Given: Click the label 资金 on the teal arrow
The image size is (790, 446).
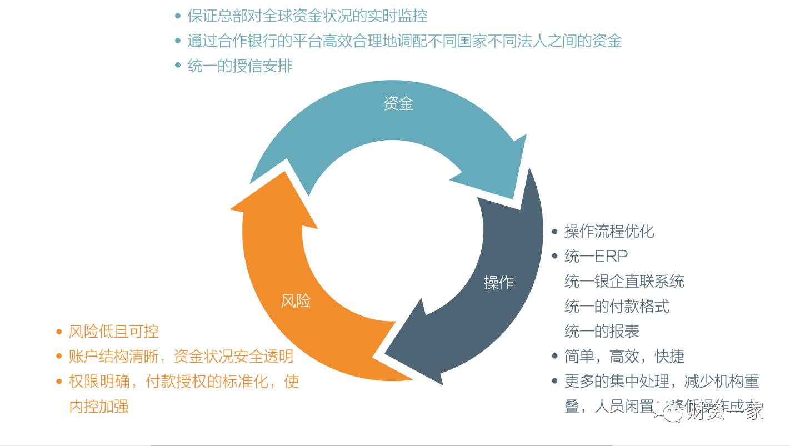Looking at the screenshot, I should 398,103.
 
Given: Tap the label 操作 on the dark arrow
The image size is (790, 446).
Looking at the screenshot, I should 498,283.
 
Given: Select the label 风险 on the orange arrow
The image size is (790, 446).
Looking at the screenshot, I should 296,301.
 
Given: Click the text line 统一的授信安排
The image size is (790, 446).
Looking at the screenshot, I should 239,66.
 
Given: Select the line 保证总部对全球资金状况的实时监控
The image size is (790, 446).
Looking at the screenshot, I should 307,16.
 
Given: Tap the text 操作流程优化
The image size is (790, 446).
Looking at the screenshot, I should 609,231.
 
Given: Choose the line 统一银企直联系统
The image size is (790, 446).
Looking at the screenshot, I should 624,282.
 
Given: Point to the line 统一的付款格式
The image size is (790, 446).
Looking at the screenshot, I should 617,307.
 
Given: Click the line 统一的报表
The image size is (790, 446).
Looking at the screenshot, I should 602,332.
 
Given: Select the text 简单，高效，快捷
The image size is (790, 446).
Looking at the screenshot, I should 624,357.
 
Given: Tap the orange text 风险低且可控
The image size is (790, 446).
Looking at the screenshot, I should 113,332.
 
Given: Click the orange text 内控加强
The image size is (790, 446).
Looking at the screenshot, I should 98,407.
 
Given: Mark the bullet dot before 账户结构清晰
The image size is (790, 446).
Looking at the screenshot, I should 59,357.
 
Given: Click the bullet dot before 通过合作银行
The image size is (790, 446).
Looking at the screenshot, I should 178,41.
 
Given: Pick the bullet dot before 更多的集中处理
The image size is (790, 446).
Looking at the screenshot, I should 554,382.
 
